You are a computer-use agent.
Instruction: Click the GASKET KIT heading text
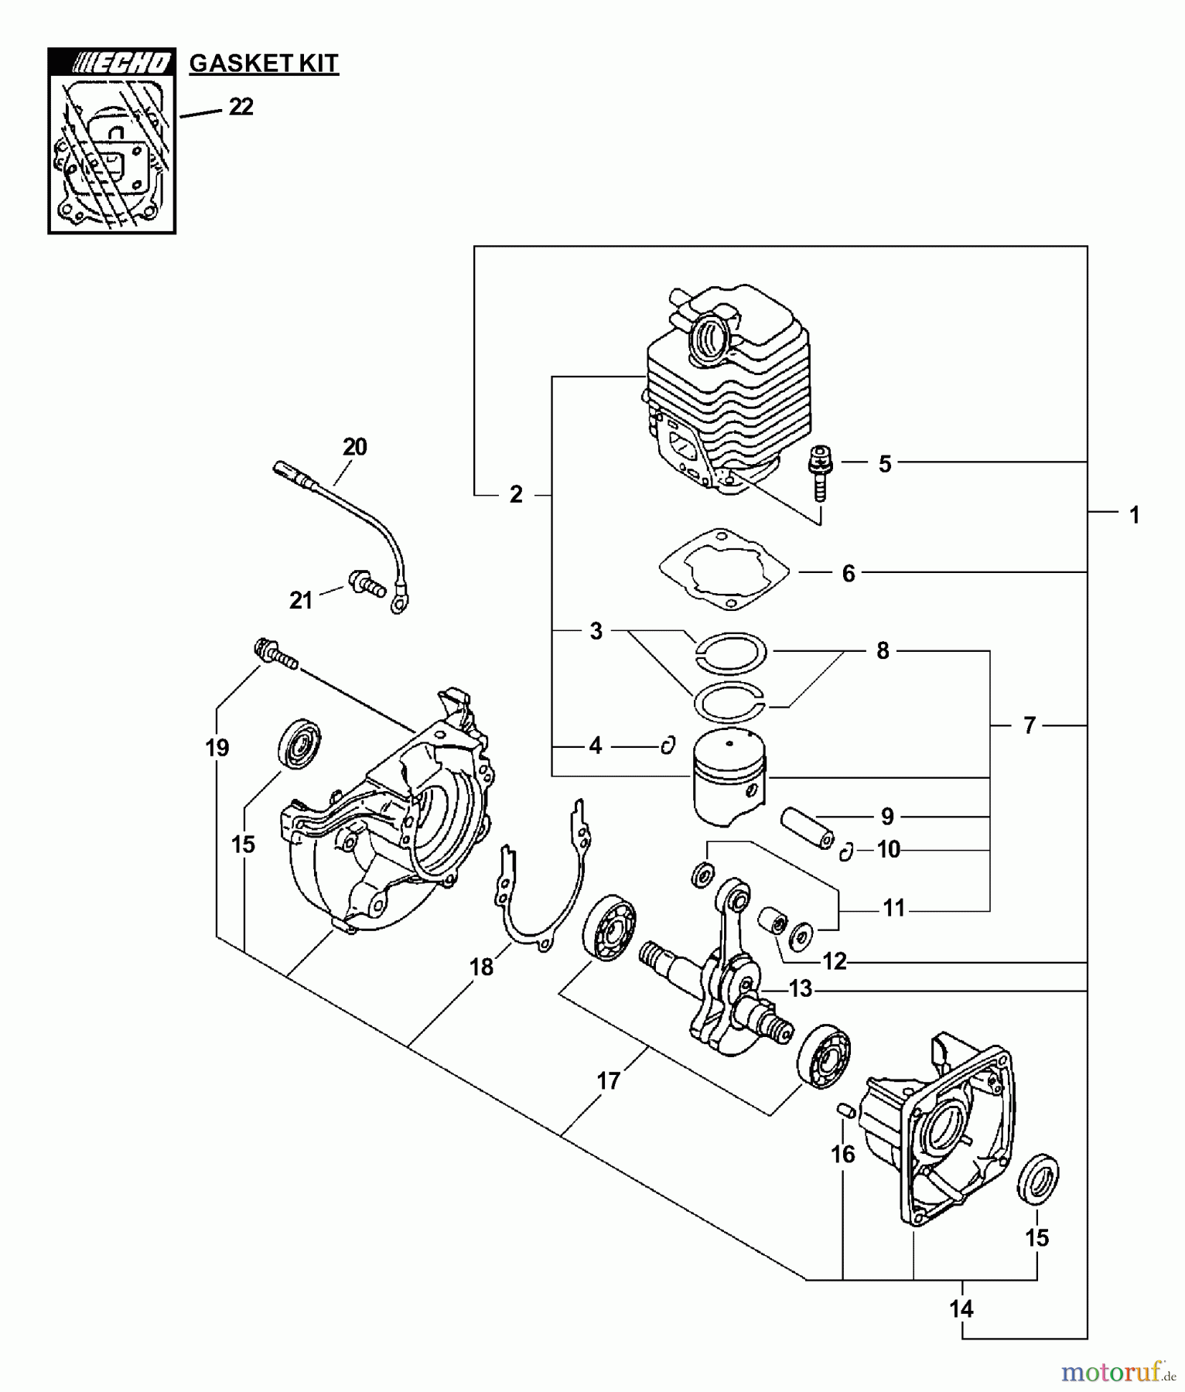(x=264, y=63)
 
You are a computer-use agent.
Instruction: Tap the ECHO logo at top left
(x=112, y=63)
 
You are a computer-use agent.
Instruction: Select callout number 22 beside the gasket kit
(x=241, y=107)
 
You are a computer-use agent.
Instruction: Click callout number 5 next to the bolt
(x=885, y=464)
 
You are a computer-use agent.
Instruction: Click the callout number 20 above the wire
(x=355, y=446)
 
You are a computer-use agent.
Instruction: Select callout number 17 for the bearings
(x=609, y=1080)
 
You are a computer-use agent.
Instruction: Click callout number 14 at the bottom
(x=961, y=1308)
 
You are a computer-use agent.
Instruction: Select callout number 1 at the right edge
(x=1134, y=514)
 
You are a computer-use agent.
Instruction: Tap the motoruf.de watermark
(x=1118, y=1372)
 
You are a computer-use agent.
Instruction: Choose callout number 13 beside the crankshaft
(x=800, y=988)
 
